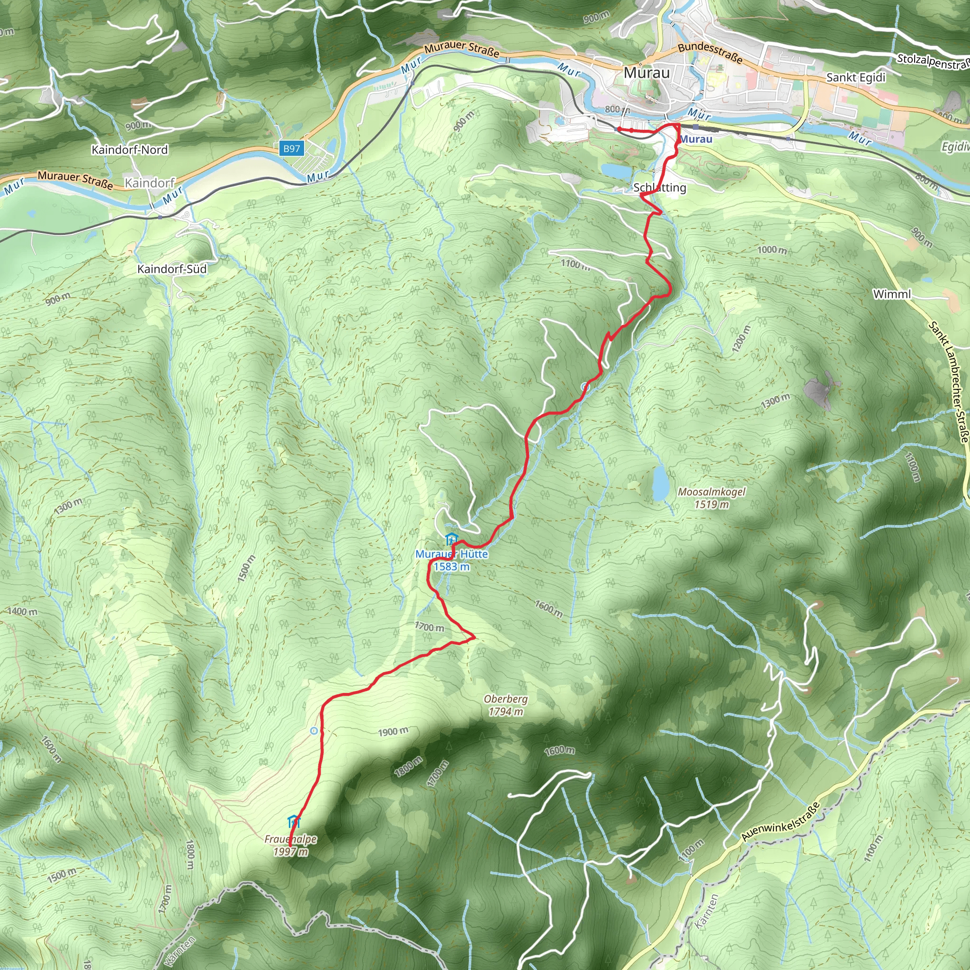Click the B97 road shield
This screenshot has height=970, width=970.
[291, 149]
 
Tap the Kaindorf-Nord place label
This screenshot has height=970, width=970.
[129, 150]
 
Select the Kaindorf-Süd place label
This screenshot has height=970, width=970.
[172, 269]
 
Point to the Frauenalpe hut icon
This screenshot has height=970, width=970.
[294, 822]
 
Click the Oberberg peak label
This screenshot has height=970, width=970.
[505, 699]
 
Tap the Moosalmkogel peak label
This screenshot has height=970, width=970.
[711, 492]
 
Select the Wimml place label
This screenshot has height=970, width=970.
[892, 294]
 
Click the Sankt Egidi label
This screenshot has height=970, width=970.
[856, 78]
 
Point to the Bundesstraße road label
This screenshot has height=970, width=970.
[710, 53]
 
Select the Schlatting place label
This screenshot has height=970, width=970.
[660, 188]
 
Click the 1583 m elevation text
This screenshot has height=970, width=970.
[451, 567]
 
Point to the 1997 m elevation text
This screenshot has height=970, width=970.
[290, 852]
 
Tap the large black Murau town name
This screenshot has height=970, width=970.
[647, 73]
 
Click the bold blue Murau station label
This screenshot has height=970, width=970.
[696, 139]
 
